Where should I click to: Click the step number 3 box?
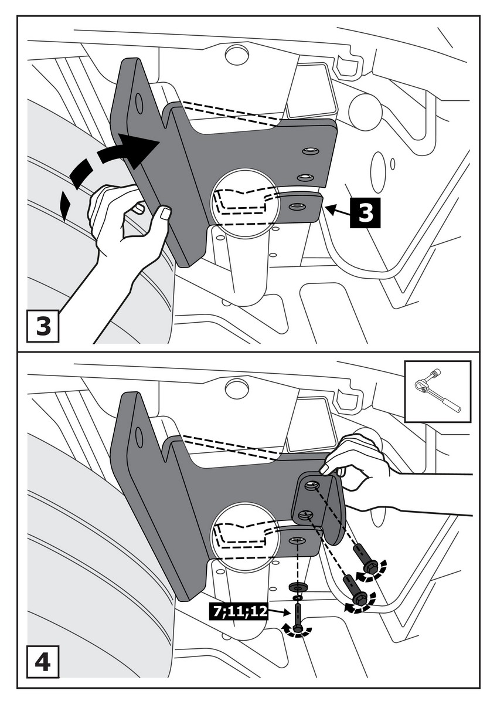pos(43,326)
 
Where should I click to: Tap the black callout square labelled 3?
pos(365,212)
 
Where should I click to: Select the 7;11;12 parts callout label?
pos(240,611)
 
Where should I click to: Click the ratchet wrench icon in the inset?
pos(437,391)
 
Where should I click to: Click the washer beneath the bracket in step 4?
pos(299,587)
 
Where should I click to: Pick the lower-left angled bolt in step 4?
pos(354,590)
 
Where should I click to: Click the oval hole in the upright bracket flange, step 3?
pos(139,103)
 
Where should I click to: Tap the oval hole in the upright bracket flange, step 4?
pos(139,438)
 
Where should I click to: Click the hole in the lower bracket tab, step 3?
pos(297,206)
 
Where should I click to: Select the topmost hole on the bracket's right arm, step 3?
pos(310,152)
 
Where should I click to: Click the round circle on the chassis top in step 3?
pos(237,56)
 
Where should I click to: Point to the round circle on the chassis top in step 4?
pos(237,389)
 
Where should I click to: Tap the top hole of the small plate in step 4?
pos(312,485)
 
